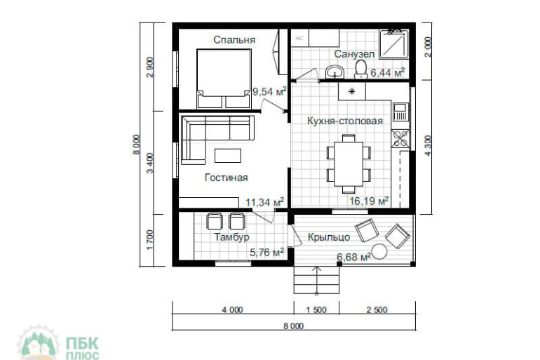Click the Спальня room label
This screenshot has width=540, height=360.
(x=234, y=40)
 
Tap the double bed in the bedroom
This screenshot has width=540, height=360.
(x=224, y=79)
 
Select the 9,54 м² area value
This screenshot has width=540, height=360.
(x=269, y=91)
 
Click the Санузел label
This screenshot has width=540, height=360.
(x=354, y=54)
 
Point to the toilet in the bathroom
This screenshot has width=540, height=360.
(x=361, y=69)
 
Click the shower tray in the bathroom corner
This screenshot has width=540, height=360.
(x=394, y=44)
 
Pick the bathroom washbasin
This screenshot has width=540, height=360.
(x=335, y=72)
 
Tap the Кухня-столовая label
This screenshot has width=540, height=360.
(x=345, y=121)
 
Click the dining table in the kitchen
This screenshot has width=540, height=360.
(x=349, y=164)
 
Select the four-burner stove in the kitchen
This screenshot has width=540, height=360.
(x=400, y=138)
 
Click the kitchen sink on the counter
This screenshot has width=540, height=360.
(x=400, y=112)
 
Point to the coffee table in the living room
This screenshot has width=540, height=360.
(x=228, y=155)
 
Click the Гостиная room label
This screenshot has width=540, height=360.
(x=227, y=178)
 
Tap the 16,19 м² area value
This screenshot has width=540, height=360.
(x=369, y=201)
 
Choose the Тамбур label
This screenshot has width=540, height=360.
(x=231, y=237)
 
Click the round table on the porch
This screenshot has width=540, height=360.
(x=379, y=251)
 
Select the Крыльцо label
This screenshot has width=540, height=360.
(x=329, y=237)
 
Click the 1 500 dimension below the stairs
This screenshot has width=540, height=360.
(x=316, y=309)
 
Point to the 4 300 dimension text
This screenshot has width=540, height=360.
(x=427, y=145)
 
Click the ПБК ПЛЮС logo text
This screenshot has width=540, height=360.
(x=82, y=348)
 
